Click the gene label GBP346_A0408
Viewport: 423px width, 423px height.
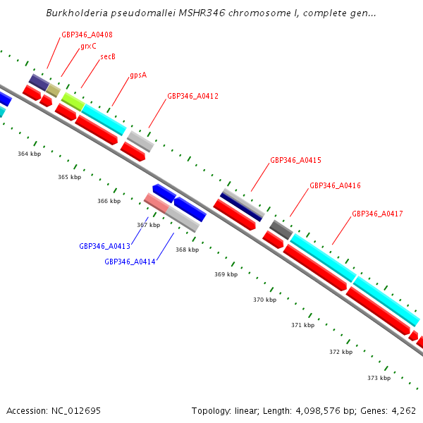[87, 35]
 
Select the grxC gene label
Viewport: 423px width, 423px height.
[88, 46]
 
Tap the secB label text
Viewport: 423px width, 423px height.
[108, 57]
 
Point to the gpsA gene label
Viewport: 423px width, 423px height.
[138, 75]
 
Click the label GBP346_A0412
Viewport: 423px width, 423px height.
[192, 96]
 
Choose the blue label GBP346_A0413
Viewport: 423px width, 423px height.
[104, 246]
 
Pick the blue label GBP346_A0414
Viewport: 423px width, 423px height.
[130, 262]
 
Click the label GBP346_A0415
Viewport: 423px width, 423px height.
[295, 160]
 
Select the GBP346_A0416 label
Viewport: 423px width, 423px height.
[335, 185]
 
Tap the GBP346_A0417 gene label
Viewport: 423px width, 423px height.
[377, 214]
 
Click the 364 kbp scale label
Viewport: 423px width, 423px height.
[29, 153]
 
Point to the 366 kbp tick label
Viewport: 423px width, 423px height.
[109, 201]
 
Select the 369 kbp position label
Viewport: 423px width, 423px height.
[226, 274]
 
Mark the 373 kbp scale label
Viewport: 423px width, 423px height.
[379, 378]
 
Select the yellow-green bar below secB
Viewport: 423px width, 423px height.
[73, 100]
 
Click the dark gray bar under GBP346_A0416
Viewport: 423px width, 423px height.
[281, 229]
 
